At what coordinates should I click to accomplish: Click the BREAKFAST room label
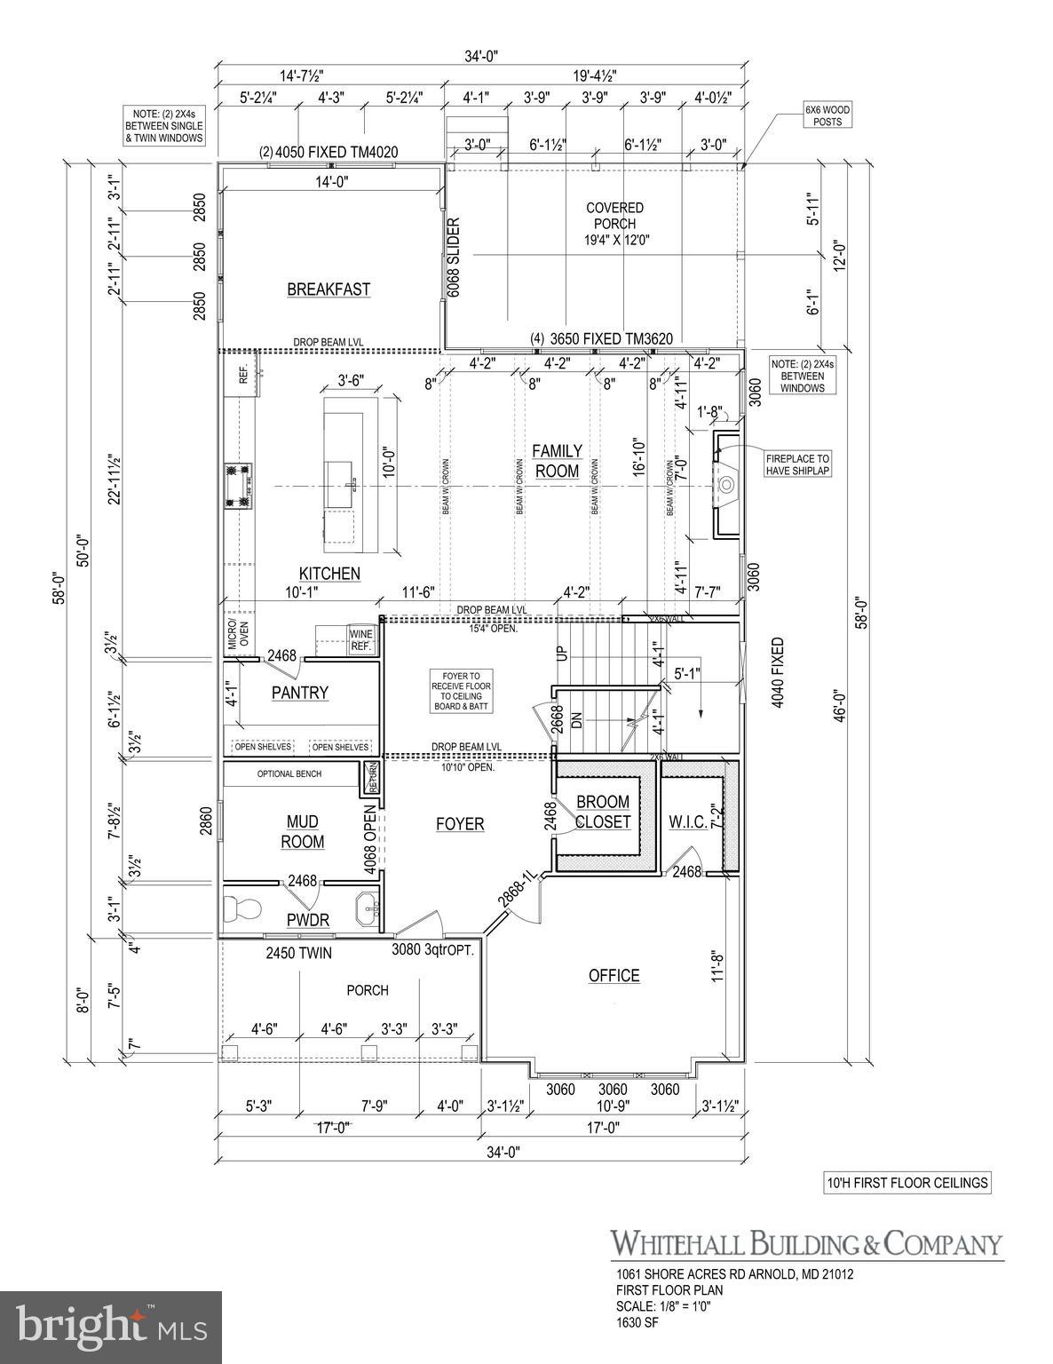pos(329,289)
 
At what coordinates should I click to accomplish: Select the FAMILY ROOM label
pos(557,461)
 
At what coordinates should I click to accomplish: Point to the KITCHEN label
pos(329,574)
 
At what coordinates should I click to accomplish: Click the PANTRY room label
pos(300,693)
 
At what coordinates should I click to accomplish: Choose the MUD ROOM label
pos(303,832)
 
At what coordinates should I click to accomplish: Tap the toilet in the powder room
pos(241,908)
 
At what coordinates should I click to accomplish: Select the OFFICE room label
pos(614,976)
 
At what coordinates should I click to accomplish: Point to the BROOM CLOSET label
pos(603,813)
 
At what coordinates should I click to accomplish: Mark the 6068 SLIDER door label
pos(453,258)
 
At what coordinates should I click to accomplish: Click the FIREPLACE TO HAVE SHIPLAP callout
pos(797,464)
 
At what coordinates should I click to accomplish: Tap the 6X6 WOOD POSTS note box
pos(827,115)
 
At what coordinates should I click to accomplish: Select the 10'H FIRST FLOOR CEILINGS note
pos(906,1183)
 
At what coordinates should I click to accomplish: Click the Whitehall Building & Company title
pos(805,1243)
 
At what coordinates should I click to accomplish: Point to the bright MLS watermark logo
pos(111,1324)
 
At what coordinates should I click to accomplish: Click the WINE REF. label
pos(361,640)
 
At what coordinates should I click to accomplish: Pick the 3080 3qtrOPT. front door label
pos(433,949)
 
